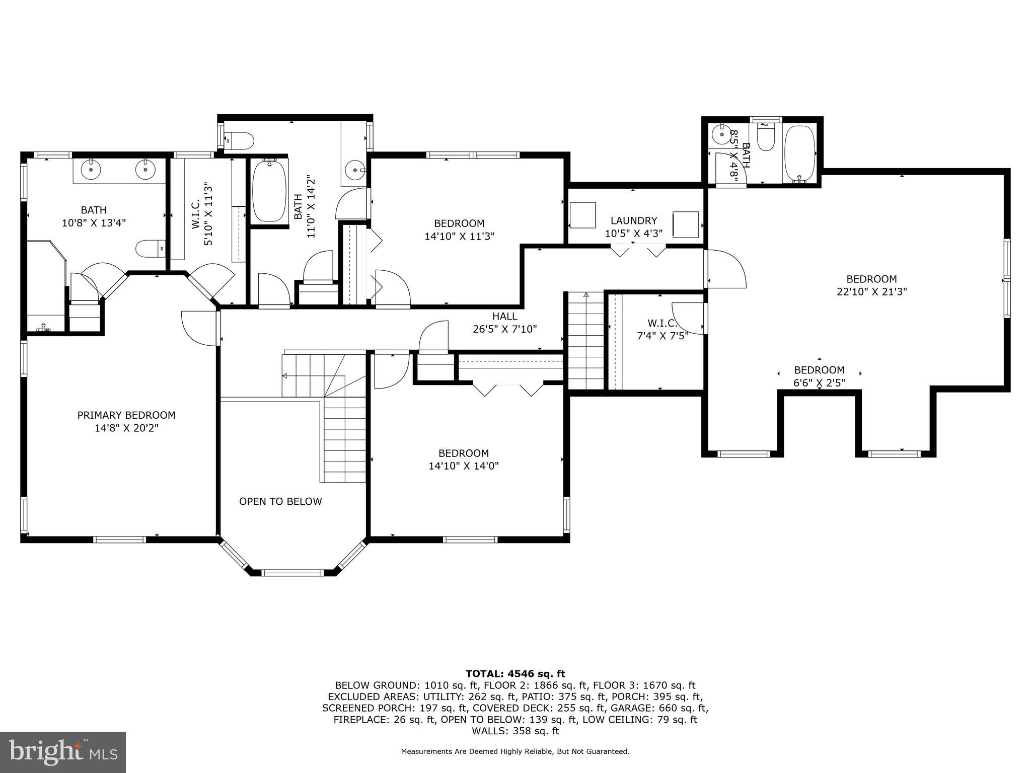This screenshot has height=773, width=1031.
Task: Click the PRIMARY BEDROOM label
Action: point(126,415)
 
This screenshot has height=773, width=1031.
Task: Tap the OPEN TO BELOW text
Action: point(280,501)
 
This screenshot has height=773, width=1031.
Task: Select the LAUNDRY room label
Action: point(634,220)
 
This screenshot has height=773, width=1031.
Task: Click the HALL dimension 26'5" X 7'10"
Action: point(504,329)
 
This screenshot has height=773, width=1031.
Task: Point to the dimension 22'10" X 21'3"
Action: point(871,291)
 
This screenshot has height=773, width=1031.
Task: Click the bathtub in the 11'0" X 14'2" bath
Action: point(269,190)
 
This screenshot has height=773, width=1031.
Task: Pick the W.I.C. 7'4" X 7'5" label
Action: point(662,329)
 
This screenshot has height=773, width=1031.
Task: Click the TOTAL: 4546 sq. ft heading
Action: point(515,673)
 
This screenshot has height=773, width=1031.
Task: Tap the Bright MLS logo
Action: point(63,752)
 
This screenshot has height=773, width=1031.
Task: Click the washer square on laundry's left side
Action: point(583,215)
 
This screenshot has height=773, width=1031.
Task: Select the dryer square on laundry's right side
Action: point(686,224)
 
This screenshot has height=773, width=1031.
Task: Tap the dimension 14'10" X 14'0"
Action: point(464,466)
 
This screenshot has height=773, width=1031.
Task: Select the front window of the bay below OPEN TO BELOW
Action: point(293,572)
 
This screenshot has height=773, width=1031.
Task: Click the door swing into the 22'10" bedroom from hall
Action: point(725,269)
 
